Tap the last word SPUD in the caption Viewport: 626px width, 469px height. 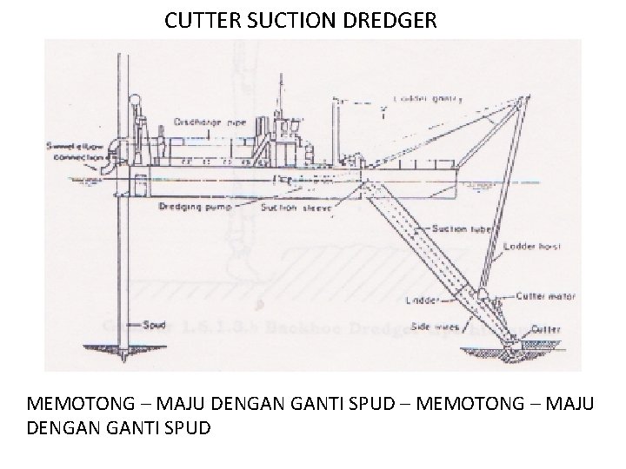186,429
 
